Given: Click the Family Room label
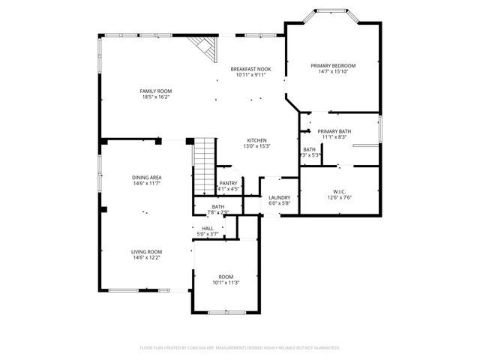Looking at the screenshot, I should (x=155, y=91).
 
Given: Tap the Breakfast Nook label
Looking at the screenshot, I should (x=250, y=69).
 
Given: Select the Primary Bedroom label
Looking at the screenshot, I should (x=333, y=66).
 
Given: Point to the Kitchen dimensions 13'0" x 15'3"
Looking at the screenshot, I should (x=257, y=146).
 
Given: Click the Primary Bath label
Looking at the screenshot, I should (x=334, y=131).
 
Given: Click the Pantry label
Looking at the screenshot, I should (x=229, y=183).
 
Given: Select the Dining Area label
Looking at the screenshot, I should (x=147, y=177).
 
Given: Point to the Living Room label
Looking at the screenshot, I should (x=147, y=251).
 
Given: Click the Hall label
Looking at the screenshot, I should (x=207, y=228).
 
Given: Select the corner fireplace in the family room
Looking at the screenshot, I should (x=204, y=49).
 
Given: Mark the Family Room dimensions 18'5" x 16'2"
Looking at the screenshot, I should (x=155, y=97).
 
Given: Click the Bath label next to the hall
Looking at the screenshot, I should (x=218, y=206).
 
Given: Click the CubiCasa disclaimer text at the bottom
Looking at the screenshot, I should (x=240, y=348).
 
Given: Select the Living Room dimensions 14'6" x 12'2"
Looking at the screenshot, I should (x=147, y=257).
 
